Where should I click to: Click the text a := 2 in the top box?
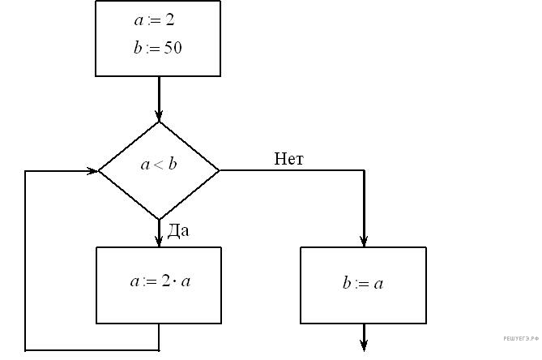tap(158, 19)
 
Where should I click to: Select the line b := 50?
tap(158, 48)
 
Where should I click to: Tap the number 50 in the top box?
tap(173, 48)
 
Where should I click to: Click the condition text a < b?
tap(159, 165)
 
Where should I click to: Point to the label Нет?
tap(288, 159)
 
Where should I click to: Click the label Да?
tap(177, 231)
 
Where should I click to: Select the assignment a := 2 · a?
tap(160, 282)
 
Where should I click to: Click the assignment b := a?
tap(363, 284)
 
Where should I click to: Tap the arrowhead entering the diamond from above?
tap(159, 114)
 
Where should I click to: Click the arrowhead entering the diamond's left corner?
tap(92, 171)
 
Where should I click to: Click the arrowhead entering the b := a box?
tap(364, 240)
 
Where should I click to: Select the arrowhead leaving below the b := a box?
tap(364, 346)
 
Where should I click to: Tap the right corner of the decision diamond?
tap(220, 171)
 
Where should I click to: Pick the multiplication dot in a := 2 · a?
tap(174, 283)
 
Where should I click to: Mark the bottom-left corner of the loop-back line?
tap(26, 350)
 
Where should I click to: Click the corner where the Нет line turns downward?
tap(364, 171)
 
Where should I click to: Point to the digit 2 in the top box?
tap(170, 19)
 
